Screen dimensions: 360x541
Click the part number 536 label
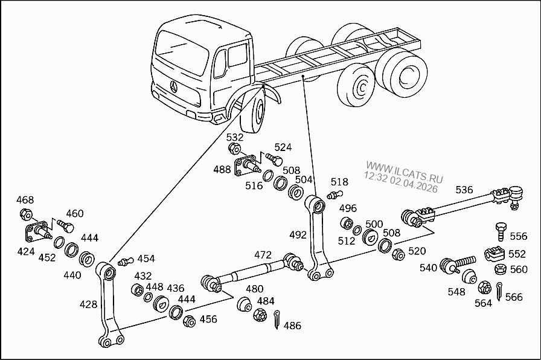[x=464, y=190]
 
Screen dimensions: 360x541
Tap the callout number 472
[x=263, y=255]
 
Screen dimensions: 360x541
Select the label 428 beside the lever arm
[x=89, y=304]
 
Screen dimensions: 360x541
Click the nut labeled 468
[x=25, y=214]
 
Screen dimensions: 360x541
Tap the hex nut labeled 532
[x=235, y=149]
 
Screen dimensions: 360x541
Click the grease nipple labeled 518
[x=333, y=194]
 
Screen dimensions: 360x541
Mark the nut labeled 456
[x=188, y=321]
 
